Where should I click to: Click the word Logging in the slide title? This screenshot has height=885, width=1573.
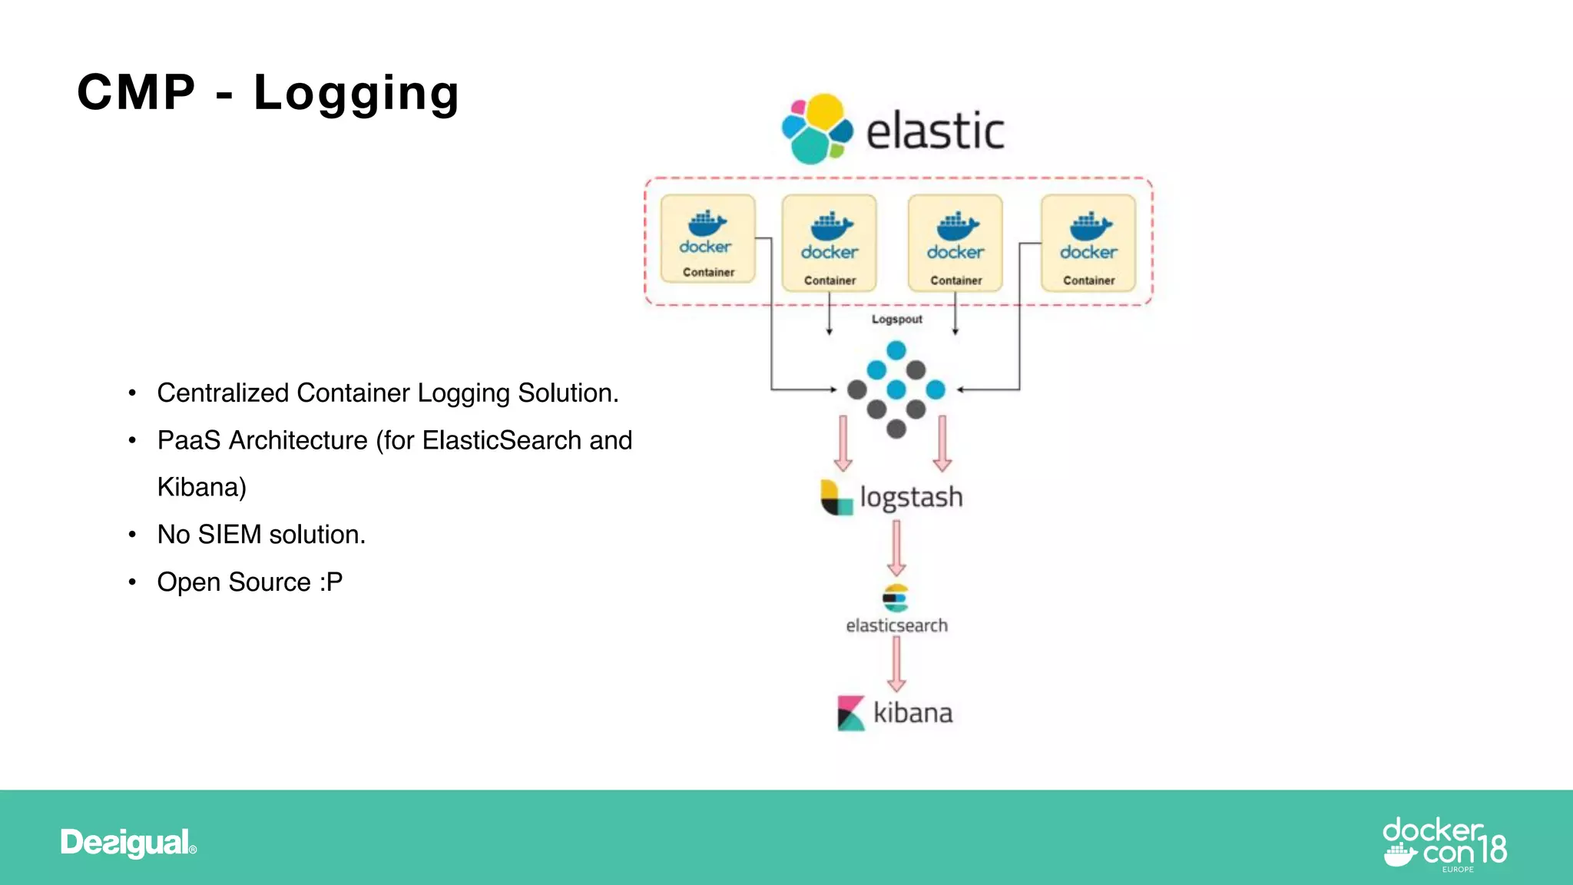(x=356, y=94)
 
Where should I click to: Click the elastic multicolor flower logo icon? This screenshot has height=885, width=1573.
(x=816, y=129)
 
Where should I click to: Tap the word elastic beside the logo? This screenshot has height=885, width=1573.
(x=935, y=131)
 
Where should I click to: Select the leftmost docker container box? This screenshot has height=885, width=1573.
(x=707, y=239)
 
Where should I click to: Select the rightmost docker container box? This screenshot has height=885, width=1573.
(x=1088, y=244)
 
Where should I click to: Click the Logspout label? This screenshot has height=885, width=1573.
(x=896, y=320)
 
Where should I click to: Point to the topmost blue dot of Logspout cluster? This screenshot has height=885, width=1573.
(x=896, y=351)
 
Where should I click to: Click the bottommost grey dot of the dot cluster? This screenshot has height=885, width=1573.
(x=896, y=429)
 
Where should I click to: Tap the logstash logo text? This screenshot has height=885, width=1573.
(x=911, y=497)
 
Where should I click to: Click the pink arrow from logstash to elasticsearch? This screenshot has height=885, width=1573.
(x=896, y=548)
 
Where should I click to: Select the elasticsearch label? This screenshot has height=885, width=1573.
(x=896, y=626)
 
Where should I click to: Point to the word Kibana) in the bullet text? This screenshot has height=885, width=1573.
(x=201, y=488)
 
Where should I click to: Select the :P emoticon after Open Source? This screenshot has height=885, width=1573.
(x=331, y=582)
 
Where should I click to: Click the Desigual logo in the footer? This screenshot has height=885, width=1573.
(x=127, y=843)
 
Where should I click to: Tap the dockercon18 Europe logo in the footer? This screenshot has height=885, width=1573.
(x=1444, y=843)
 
